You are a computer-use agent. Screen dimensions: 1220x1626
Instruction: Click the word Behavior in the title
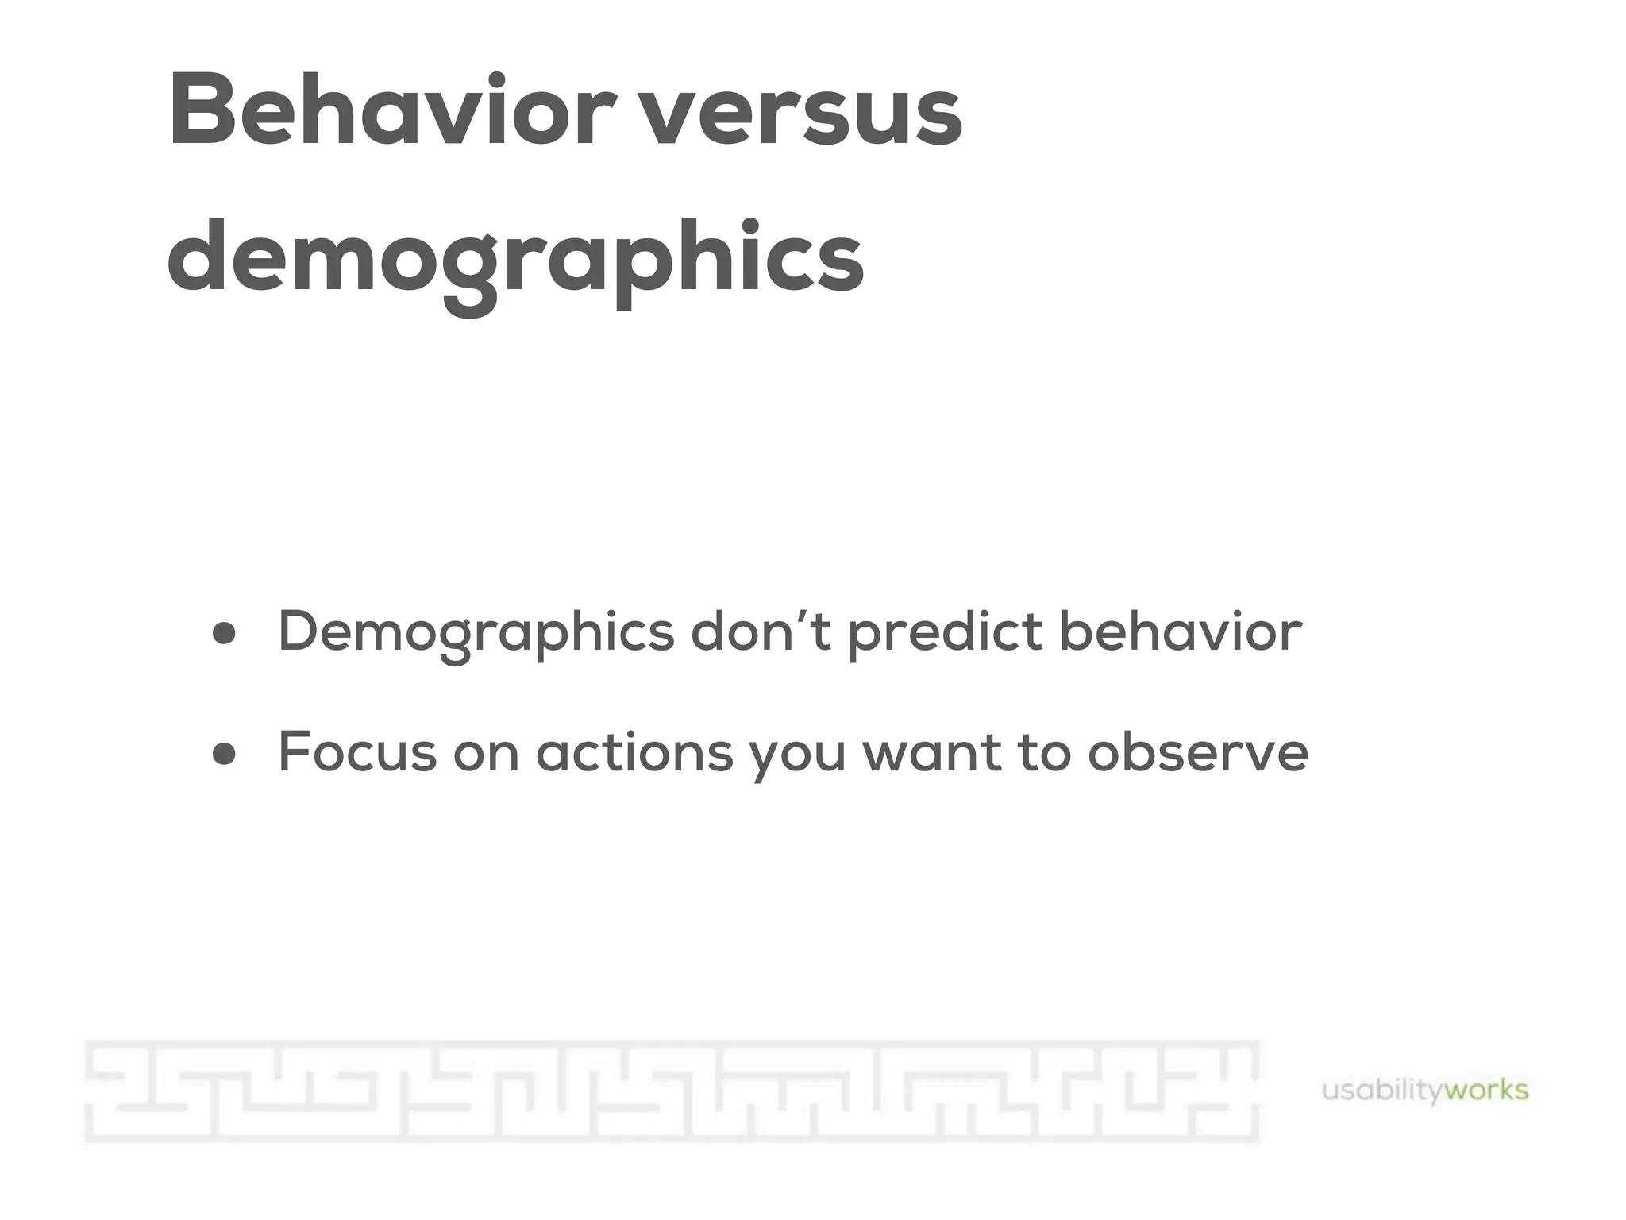pyautogui.click(x=391, y=111)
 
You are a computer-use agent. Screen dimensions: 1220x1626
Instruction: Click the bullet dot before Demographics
pyautogui.click(x=225, y=634)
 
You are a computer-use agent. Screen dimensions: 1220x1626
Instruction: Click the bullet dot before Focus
pyautogui.click(x=225, y=753)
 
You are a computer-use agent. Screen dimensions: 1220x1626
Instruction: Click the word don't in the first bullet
pyautogui.click(x=761, y=631)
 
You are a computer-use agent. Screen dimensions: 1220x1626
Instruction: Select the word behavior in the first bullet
pyautogui.click(x=1181, y=631)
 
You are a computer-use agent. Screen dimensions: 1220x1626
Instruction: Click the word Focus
pyautogui.click(x=357, y=751)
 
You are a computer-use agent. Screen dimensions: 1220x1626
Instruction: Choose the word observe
pyautogui.click(x=1197, y=751)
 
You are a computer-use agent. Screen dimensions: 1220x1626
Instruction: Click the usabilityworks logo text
pyautogui.click(x=1424, y=1091)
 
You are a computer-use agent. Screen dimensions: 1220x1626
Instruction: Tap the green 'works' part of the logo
pyautogui.click(x=1486, y=1090)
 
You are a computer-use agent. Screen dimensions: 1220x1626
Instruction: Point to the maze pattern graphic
pyautogui.click(x=672, y=1091)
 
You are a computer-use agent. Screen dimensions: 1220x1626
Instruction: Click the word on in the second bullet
pyautogui.click(x=486, y=755)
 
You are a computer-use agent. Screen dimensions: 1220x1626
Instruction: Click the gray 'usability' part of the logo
pyautogui.click(x=1381, y=1091)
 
